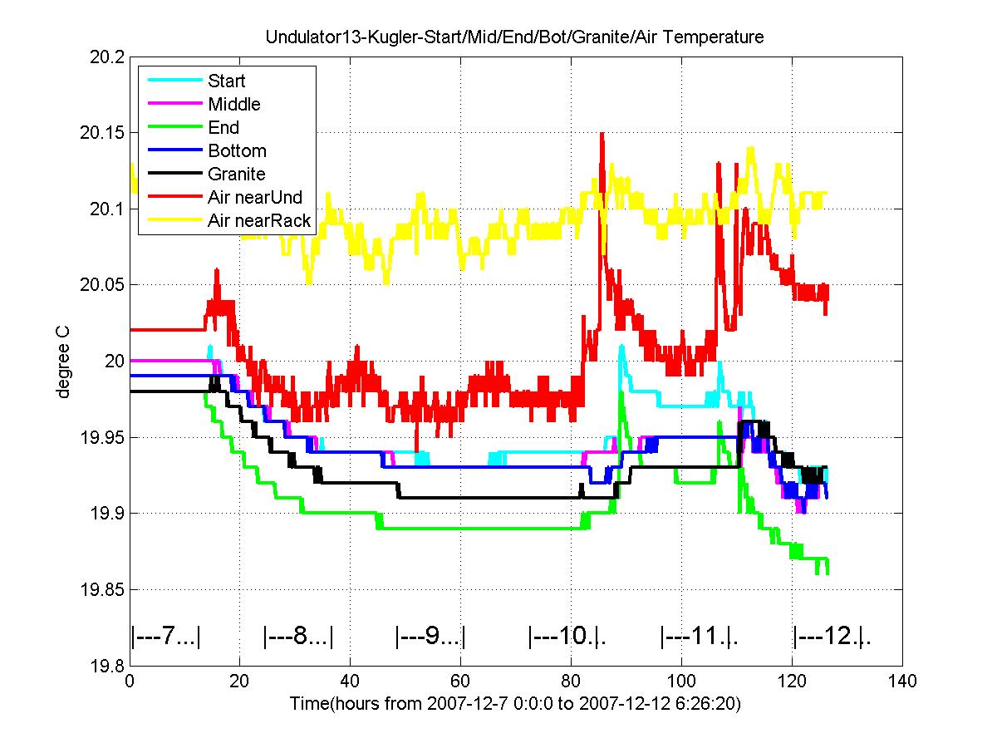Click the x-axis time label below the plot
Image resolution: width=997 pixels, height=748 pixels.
(x=515, y=704)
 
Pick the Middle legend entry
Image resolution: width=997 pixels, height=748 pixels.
(x=233, y=104)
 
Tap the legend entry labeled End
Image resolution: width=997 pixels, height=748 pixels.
(x=223, y=127)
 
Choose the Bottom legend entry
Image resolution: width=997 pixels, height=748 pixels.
(x=237, y=150)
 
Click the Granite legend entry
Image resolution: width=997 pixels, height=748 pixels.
(x=237, y=174)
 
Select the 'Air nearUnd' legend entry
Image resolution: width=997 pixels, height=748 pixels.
(x=254, y=197)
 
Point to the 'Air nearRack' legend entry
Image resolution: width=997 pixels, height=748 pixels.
(x=258, y=220)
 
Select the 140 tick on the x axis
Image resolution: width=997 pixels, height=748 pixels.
(x=902, y=682)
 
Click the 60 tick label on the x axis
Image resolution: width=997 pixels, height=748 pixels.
(x=460, y=682)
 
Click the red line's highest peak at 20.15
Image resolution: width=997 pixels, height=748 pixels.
(x=601, y=133)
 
